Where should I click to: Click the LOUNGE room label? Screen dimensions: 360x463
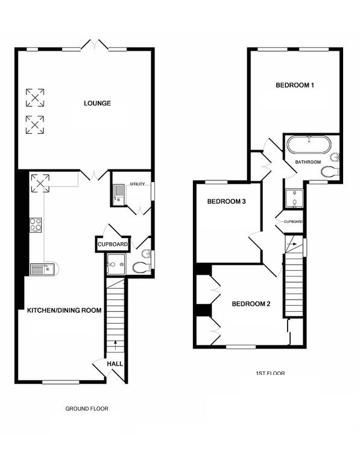97,103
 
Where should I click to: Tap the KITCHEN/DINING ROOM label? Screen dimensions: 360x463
64,310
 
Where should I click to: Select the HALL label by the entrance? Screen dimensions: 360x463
115,364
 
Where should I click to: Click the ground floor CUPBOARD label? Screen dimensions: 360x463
113,245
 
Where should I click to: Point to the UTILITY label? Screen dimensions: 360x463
137,184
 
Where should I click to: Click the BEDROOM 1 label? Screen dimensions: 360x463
295,86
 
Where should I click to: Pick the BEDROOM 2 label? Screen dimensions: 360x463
251,304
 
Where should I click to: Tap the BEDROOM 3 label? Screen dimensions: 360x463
227,202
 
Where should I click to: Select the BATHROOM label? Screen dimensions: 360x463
308,162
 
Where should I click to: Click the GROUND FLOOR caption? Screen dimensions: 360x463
87,409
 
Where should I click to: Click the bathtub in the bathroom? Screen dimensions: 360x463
309,145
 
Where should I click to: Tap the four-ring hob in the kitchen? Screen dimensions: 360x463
35,225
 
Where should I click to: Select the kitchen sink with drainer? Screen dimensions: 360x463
44,269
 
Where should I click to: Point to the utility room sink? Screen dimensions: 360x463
119,194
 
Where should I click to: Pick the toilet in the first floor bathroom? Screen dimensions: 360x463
330,172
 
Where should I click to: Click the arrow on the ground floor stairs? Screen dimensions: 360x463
115,345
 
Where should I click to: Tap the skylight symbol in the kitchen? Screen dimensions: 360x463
40,183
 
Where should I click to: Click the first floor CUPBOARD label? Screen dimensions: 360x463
293,221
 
